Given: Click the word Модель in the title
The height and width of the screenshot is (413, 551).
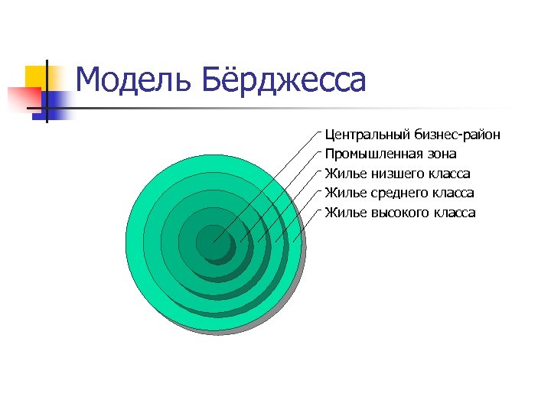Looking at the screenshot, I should point(126,80).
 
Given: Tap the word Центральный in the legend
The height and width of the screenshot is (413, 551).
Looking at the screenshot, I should point(367,135).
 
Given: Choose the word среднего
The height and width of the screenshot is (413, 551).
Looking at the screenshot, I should point(396,193).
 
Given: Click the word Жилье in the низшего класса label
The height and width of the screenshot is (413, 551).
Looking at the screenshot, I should point(341,174).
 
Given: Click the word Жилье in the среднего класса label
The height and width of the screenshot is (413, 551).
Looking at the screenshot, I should point(341,193).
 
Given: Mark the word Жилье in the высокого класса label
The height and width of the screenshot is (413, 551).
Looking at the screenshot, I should point(341,213).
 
